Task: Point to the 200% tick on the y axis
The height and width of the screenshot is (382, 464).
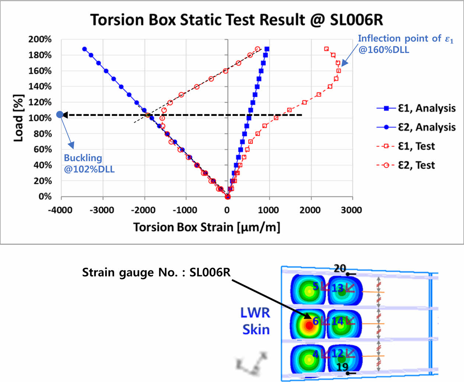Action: pos(40,39)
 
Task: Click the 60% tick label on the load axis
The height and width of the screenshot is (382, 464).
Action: pos(42,150)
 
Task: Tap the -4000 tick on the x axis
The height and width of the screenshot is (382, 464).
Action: pos(60,210)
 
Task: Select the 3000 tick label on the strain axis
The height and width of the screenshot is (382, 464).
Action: pos(351,210)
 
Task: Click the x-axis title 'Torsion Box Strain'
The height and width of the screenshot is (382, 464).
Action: pos(207,227)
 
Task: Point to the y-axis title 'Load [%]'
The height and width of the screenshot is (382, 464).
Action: pos(18,118)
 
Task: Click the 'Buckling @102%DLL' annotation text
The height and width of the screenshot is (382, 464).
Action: pos(89,164)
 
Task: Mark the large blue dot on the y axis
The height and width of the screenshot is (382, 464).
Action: pos(60,115)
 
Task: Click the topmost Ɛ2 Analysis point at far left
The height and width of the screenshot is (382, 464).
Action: pos(85,49)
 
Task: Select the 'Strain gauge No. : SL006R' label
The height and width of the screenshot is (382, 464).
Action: pos(156,273)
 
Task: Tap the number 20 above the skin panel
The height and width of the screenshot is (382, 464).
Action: pos(340,269)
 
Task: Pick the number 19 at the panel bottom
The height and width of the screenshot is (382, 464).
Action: pos(342,367)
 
